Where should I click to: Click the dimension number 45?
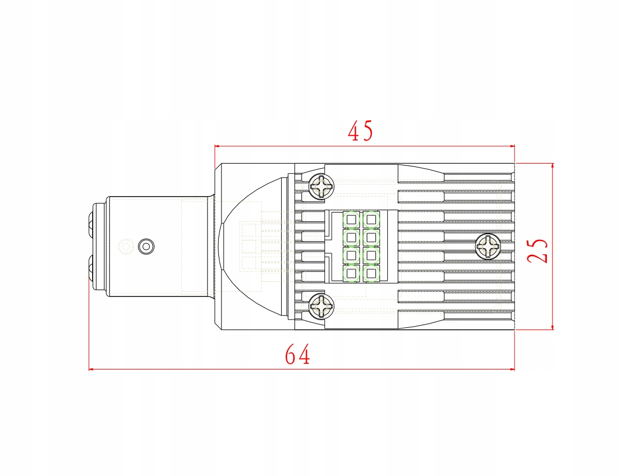click(360, 132)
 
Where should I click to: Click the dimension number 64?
click(298, 355)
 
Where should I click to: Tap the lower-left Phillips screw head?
click(321, 307)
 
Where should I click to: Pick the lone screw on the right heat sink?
click(487, 246)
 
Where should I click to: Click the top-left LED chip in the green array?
click(351, 220)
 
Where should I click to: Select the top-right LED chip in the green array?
click(370, 220)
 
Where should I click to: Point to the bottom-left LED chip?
click(351, 273)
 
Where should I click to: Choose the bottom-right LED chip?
click(370, 273)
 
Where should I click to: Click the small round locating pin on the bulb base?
click(146, 246)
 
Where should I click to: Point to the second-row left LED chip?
click(351, 238)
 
